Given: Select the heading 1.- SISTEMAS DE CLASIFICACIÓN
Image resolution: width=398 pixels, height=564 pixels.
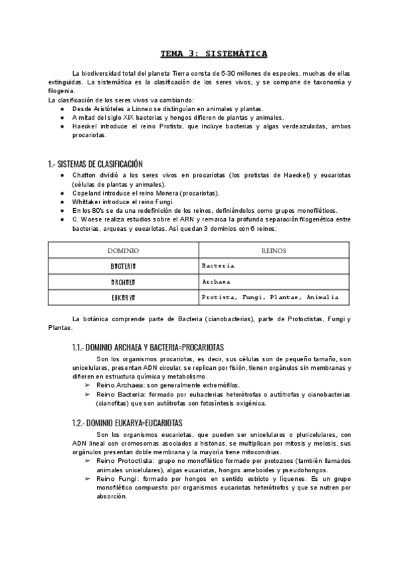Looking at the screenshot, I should pyautogui.click(x=95, y=164).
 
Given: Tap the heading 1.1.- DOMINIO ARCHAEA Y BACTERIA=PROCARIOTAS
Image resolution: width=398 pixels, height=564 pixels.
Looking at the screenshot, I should pyautogui.click(x=148, y=347).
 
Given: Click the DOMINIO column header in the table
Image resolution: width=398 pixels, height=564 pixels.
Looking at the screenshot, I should pyautogui.click(x=123, y=251).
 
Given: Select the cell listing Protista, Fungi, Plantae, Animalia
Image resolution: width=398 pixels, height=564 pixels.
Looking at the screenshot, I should pyautogui.click(x=270, y=297).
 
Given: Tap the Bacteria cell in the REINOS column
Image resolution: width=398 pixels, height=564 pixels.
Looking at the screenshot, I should pyautogui.click(x=218, y=265).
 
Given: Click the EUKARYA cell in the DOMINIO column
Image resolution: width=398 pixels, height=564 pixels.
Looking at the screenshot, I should pyautogui.click(x=123, y=297).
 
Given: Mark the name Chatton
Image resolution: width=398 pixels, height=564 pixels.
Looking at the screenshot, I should pyautogui.click(x=85, y=176).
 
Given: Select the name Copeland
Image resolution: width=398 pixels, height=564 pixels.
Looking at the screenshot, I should pyautogui.click(x=88, y=193).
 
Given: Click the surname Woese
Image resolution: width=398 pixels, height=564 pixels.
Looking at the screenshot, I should pyautogui.click(x=92, y=219).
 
